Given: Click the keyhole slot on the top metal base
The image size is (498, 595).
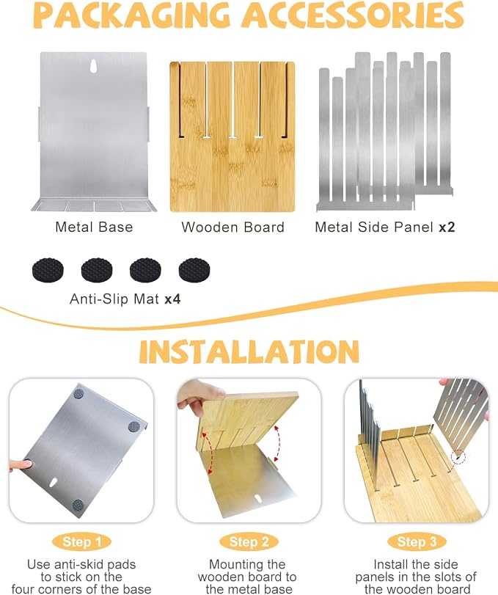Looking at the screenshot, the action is point(93,65).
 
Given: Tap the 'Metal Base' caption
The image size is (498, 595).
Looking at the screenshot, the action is point(94,227).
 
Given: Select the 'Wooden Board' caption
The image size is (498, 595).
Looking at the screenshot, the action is point(233,227).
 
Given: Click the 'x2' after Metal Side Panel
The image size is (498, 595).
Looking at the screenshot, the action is point(447,227).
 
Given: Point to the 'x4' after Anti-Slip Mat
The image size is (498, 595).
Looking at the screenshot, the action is point(172,299).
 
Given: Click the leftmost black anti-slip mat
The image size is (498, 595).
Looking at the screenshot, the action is point(48,270).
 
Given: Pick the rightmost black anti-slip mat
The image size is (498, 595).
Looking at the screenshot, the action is point(194,270).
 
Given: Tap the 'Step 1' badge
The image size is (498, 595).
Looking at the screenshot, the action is point(82,542).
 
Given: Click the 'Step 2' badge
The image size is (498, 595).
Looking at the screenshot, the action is point(249,542).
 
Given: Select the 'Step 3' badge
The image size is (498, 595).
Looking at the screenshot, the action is point(417,542).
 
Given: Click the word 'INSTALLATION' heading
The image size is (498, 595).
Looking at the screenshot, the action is point(249,351).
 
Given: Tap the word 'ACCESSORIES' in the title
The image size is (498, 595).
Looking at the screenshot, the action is point(353,15).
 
